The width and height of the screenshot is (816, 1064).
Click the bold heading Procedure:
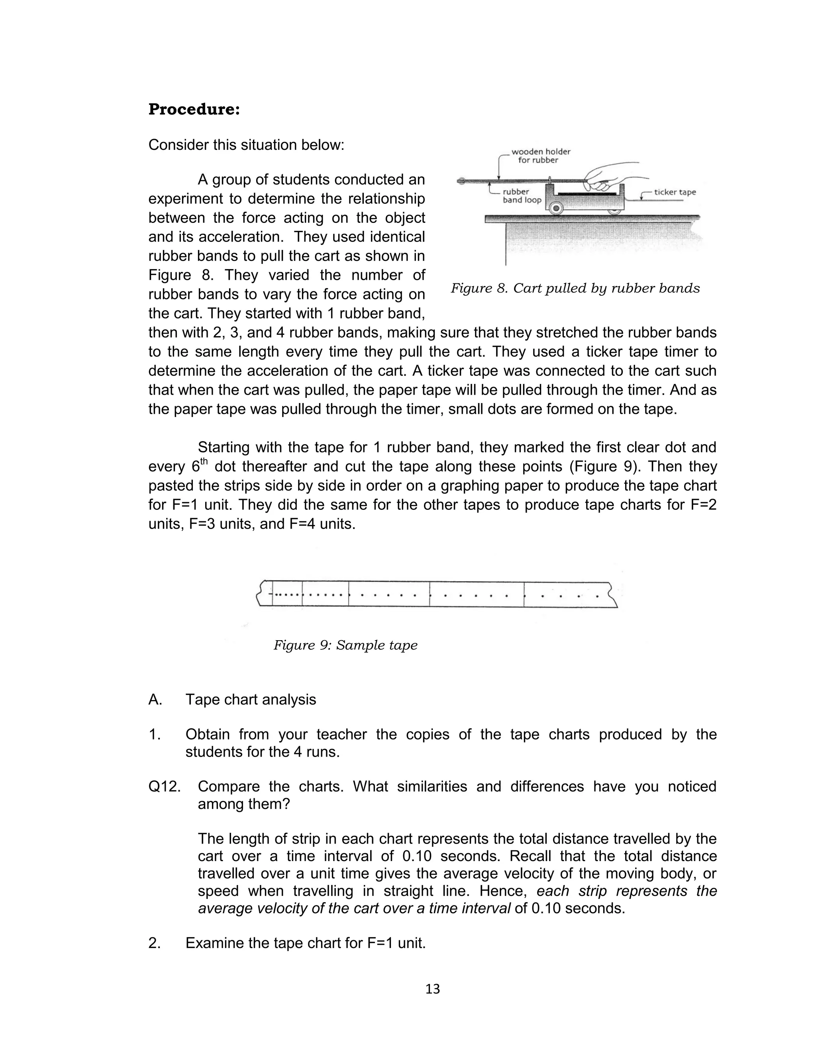tap(194, 110)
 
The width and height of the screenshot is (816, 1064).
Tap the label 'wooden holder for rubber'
tap(540, 156)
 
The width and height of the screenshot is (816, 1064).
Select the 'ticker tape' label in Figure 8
tap(675, 193)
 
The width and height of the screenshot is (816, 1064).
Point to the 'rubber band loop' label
tap(521, 196)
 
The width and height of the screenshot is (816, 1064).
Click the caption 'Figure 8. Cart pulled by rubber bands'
tap(575, 289)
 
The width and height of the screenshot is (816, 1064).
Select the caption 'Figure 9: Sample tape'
tap(345, 645)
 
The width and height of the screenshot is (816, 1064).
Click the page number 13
tap(432, 989)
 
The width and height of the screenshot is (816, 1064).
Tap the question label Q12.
tap(164, 787)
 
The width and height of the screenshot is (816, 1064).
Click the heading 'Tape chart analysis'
tap(251, 700)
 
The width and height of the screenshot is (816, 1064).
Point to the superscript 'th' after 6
tap(204, 462)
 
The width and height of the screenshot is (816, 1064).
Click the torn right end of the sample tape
tap(612, 595)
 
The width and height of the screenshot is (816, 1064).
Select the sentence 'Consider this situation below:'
tap(246, 145)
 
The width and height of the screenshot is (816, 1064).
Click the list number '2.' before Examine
tap(155, 943)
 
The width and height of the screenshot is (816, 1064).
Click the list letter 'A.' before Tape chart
tap(155, 700)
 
